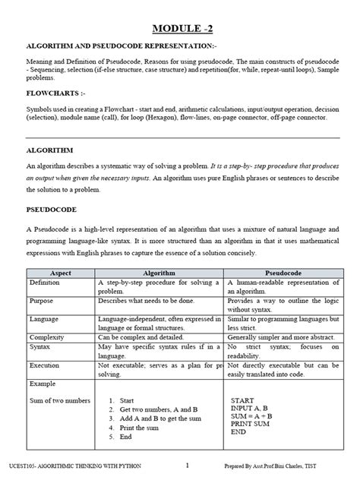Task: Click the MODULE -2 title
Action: pyautogui.click(x=182, y=29)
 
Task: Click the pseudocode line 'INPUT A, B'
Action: pyautogui.click(x=250, y=408)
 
